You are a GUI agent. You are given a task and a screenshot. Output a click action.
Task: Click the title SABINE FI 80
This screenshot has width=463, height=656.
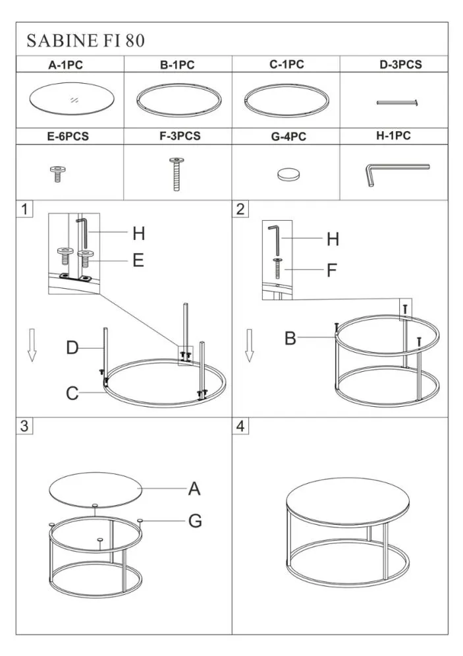coord(86,41)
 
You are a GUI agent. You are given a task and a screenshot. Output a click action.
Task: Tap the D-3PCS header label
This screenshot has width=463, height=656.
coord(400,65)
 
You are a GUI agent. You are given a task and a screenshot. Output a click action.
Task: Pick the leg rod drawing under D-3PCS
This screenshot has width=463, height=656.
coord(397,102)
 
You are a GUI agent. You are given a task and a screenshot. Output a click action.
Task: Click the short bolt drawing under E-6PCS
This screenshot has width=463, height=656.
coord(57,174)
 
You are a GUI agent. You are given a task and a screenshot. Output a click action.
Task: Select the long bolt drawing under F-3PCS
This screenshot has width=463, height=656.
coord(177,173)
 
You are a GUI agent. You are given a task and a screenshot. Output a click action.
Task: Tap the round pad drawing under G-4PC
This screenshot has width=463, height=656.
coord(288,174)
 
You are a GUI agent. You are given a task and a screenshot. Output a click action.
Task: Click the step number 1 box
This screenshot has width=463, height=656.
coord(24,209)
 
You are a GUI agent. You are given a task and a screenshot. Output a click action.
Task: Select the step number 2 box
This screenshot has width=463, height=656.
coord(240,209)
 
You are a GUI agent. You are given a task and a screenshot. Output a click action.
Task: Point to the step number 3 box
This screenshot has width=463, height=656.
coord(24,426)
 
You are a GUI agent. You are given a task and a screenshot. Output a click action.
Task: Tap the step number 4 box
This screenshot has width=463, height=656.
coord(240,426)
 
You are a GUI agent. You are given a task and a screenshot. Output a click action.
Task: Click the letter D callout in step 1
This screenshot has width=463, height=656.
coord(72,347)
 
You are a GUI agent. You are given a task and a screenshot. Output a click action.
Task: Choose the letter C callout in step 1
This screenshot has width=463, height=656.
coord(72,393)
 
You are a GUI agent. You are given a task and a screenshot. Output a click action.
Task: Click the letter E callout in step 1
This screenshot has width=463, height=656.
coord(138,260)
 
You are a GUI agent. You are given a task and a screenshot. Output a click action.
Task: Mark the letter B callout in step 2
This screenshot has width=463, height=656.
coord(290,338)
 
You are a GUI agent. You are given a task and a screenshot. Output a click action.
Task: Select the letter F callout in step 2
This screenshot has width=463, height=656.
coord(332,270)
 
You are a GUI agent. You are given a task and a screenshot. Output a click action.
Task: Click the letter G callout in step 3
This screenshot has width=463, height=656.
coord(195,521)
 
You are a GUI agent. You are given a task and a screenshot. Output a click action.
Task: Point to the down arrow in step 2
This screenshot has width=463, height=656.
coord(250,345)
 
